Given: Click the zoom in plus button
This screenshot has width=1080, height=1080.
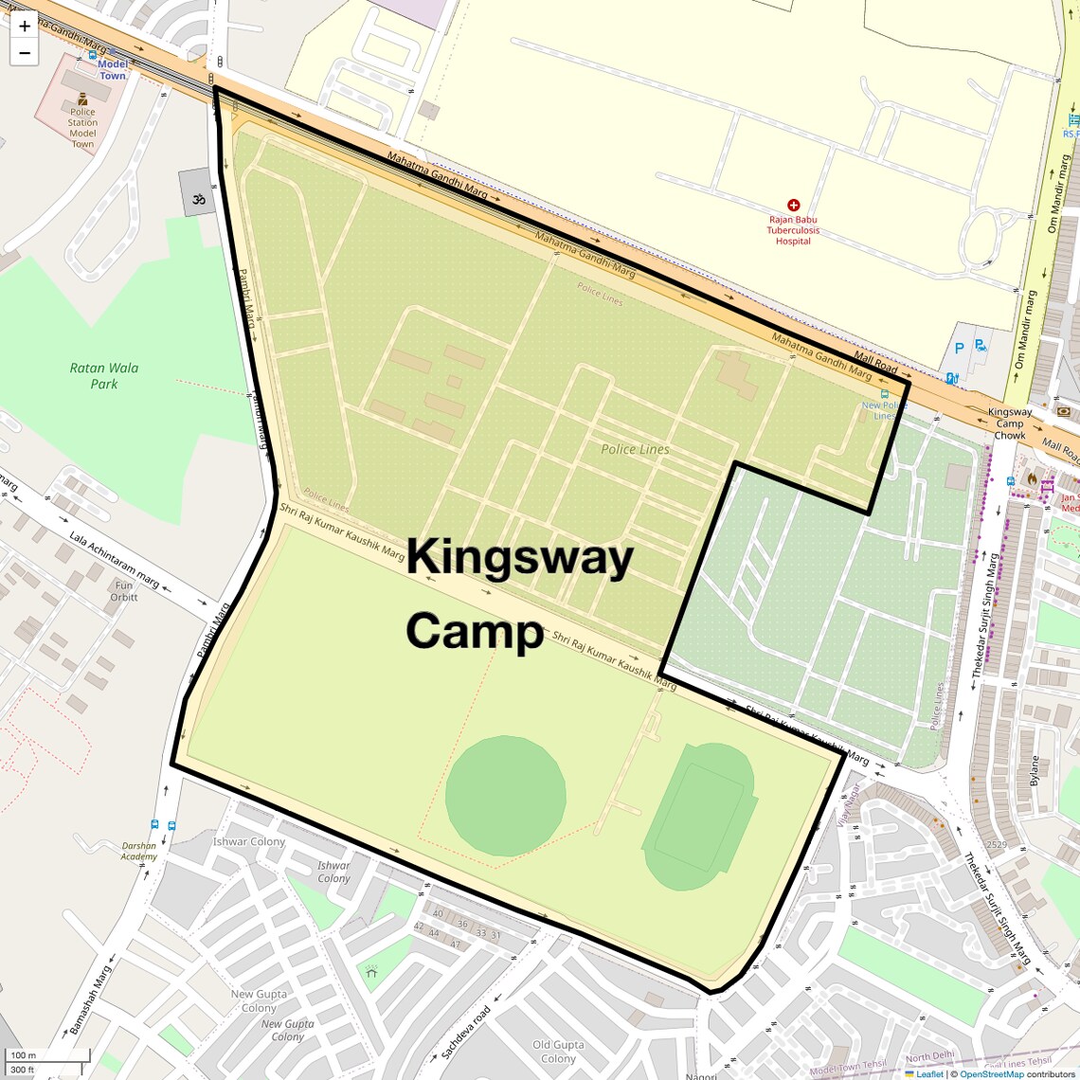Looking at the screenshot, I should tap(25, 27).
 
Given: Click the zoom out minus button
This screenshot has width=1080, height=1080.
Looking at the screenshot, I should tap(25, 53).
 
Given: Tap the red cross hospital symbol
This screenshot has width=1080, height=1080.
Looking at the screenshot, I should tap(793, 205).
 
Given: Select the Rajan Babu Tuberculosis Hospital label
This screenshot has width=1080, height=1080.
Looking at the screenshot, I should tap(793, 230).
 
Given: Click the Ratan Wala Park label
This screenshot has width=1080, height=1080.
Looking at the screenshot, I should tap(103, 375).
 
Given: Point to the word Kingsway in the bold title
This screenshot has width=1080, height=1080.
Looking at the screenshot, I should tap(520, 557).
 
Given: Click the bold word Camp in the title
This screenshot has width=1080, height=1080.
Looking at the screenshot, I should tap(475, 630).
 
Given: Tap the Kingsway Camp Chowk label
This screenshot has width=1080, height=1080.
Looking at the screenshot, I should tap(1010, 423).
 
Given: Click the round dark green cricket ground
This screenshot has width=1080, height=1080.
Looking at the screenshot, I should tap(505, 795).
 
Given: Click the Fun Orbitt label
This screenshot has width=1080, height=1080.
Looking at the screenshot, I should tap(124, 591).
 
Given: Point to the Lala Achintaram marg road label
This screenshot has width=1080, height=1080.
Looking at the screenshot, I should tap(114, 559).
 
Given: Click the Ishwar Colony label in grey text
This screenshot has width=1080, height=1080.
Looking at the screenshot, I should tap(249, 841).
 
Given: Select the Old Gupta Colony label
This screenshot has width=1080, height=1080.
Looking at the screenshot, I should tap(558, 1052).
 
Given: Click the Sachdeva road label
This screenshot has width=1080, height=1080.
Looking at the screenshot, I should tap(466, 1032).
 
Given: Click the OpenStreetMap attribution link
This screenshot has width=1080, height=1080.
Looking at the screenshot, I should tap(991, 1074).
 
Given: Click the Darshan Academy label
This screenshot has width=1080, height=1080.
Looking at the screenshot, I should tap(138, 851).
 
